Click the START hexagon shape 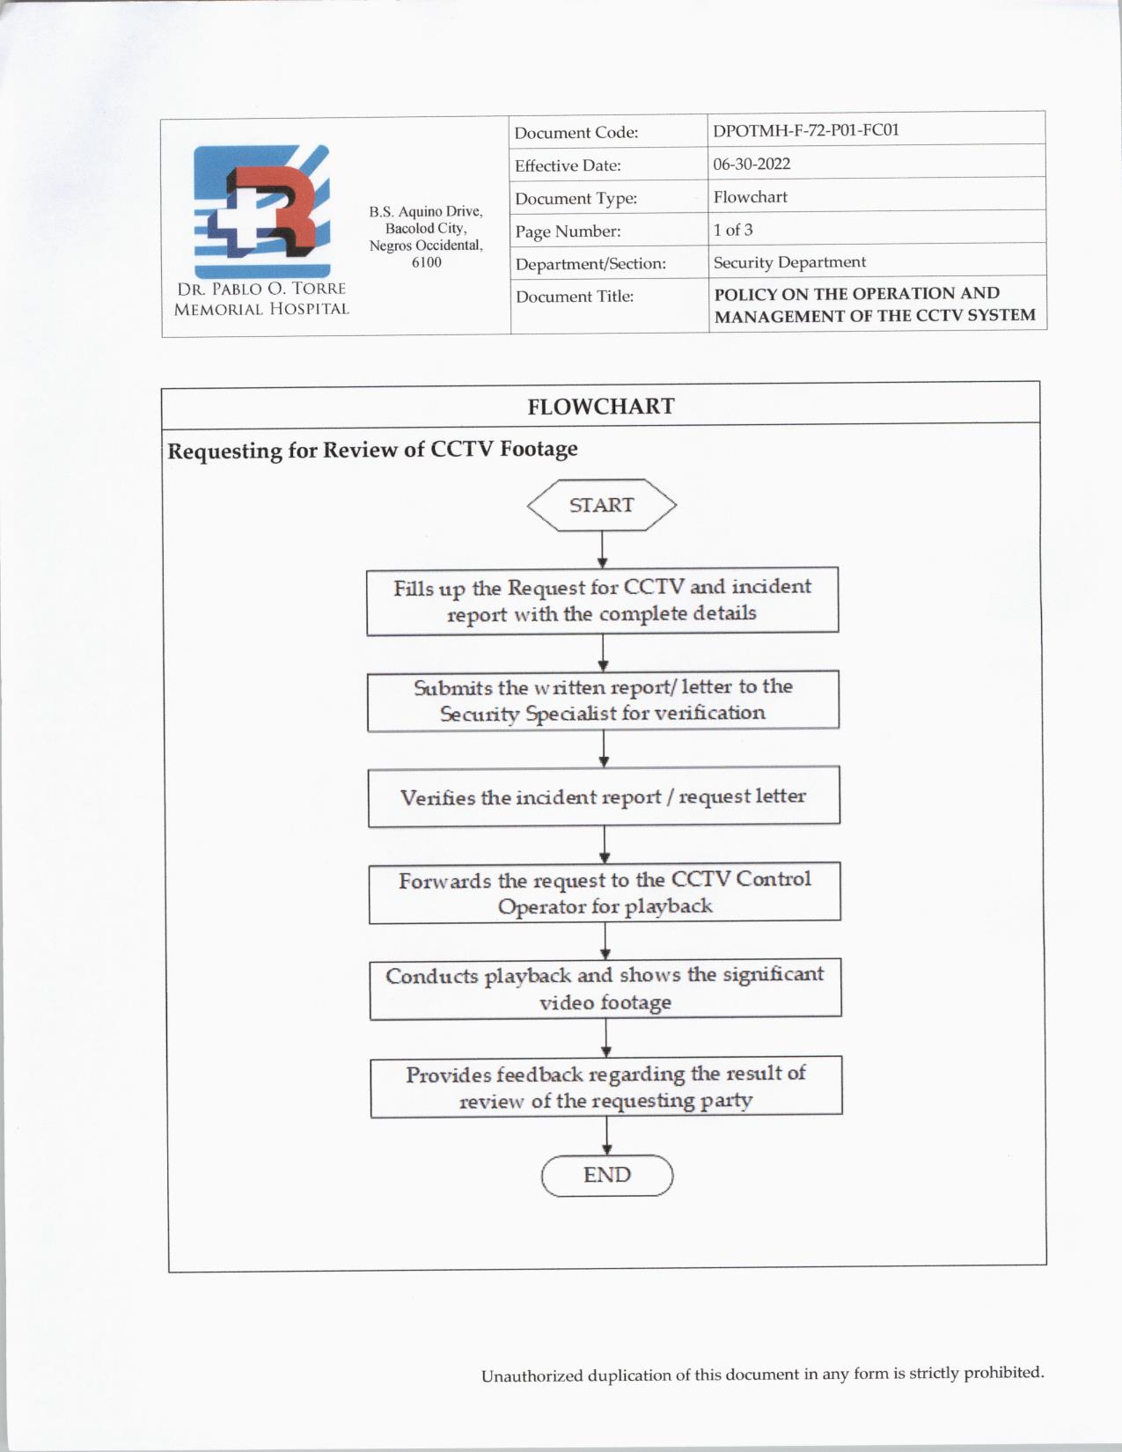tap(602, 505)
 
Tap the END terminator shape tap(607, 1176)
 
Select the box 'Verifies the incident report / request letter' tap(604, 796)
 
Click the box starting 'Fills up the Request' tap(603, 600)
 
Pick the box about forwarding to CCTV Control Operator tap(605, 892)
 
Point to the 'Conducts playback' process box tap(605, 988)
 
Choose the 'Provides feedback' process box tap(606, 1087)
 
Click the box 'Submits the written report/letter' tap(603, 700)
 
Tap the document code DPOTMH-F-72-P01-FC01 tap(806, 130)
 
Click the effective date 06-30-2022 tap(752, 164)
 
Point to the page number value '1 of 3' tap(733, 230)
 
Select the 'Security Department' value tap(789, 262)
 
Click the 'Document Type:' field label tap(576, 199)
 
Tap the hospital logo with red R tap(261, 211)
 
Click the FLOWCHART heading tap(601, 407)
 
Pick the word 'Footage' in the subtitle tap(539, 449)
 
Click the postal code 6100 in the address tap(426, 262)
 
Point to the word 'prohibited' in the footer tap(1002, 1372)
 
